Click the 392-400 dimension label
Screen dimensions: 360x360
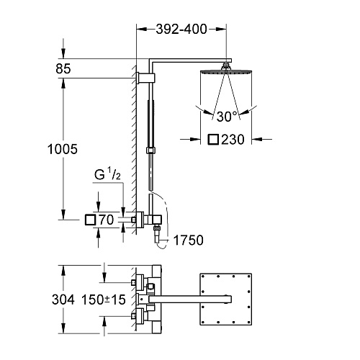coord(181,30)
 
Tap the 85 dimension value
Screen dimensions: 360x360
coord(63,68)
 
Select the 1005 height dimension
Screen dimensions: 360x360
coord(63,149)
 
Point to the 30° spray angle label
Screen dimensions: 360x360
coord(227,117)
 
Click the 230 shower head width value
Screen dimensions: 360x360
coord(233,140)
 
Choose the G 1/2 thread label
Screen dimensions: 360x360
coord(107,174)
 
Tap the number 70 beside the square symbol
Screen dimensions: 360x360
coord(107,220)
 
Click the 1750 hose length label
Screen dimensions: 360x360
coord(188,240)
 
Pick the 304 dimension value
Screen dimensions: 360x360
coord(63,300)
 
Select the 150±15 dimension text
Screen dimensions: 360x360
coord(104,300)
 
